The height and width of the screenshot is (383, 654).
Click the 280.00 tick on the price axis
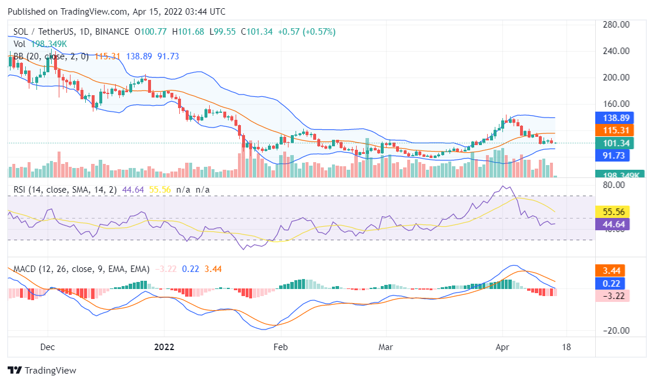pyautogui.click(x=616, y=25)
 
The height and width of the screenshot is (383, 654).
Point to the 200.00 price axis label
pyautogui.click(x=616, y=77)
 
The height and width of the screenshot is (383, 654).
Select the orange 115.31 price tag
pyautogui.click(x=612, y=130)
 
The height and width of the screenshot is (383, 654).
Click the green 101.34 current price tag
pyautogui.click(x=612, y=143)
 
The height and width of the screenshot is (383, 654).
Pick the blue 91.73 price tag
pyautogui.click(x=612, y=156)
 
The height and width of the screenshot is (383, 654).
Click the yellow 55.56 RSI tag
pyautogui.click(x=612, y=211)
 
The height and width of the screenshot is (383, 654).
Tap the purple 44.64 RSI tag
pyautogui.click(x=612, y=224)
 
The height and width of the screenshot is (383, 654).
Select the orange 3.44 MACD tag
pyautogui.click(x=612, y=271)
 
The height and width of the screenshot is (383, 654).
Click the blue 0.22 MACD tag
pyautogui.click(x=612, y=283)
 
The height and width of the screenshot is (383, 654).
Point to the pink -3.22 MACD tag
pyautogui.click(x=612, y=295)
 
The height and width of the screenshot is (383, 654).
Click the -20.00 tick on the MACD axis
pyautogui.click(x=616, y=331)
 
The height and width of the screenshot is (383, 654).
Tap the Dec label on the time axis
pyautogui.click(x=48, y=347)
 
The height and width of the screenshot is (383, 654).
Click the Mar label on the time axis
pyautogui.click(x=385, y=347)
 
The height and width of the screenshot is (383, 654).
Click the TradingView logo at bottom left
pyautogui.click(x=42, y=371)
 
